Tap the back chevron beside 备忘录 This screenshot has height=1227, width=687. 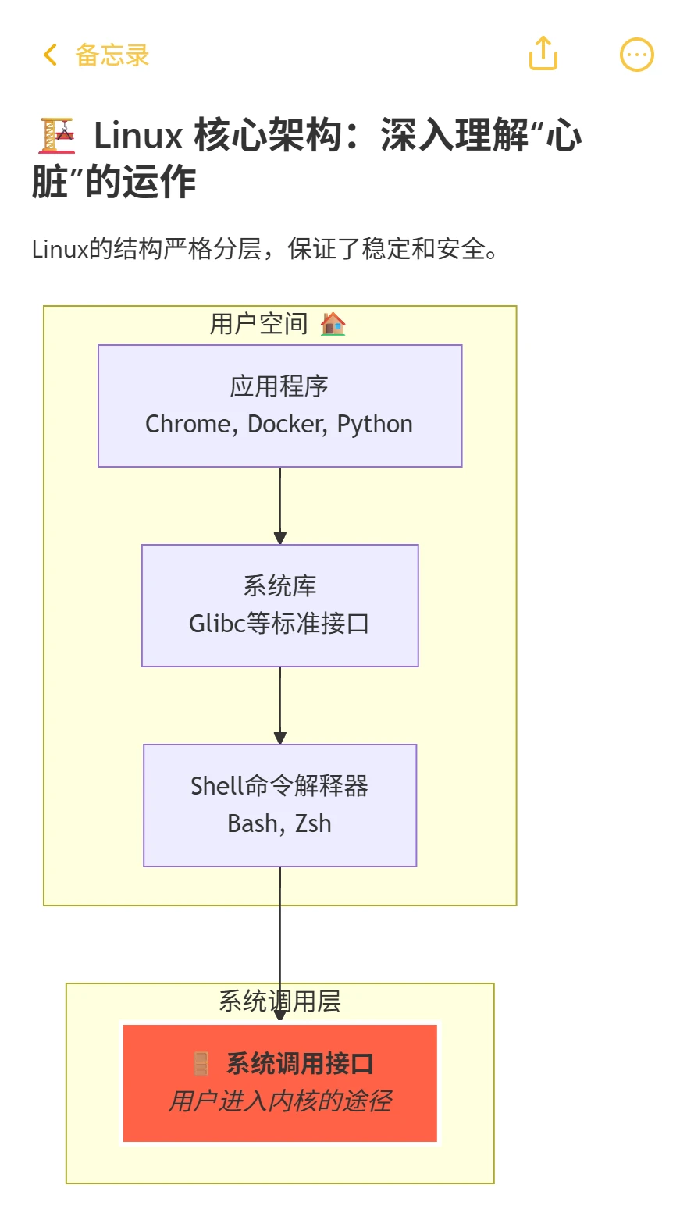(x=51, y=55)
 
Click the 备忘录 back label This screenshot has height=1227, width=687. (x=112, y=55)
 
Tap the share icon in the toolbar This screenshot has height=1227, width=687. (x=543, y=54)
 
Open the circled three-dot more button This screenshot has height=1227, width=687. (x=636, y=55)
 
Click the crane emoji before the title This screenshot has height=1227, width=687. (x=57, y=135)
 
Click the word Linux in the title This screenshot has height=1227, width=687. (x=138, y=136)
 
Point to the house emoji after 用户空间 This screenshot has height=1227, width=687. (x=333, y=323)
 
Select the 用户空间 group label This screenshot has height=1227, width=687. (x=259, y=323)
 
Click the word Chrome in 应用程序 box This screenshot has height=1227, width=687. (x=187, y=424)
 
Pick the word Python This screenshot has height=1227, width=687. (x=375, y=424)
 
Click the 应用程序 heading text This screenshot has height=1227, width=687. (x=279, y=386)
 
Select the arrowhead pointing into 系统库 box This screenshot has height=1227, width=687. (x=280, y=538)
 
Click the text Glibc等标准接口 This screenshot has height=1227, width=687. (x=279, y=624)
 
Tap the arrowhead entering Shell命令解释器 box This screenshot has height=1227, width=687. (x=280, y=738)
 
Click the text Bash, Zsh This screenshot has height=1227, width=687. (x=279, y=823)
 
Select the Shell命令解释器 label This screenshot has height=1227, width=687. (x=279, y=785)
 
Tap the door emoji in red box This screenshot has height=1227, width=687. (x=201, y=1063)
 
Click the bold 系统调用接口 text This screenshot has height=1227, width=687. (x=300, y=1063)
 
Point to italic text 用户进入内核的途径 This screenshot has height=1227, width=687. (x=279, y=1101)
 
